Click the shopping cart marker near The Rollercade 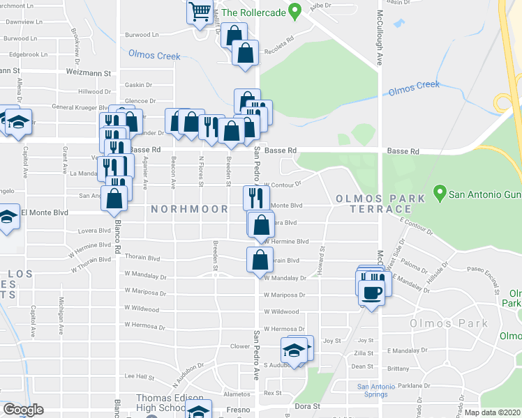(x=200, y=12)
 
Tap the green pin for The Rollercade (x=295, y=11)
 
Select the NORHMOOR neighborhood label (x=187, y=209)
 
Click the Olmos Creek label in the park (x=414, y=87)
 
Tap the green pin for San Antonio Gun (x=440, y=190)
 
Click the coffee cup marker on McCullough (x=372, y=291)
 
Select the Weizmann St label (x=89, y=72)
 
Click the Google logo (x=23, y=410)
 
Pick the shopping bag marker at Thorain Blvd (x=260, y=260)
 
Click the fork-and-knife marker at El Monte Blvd (x=255, y=197)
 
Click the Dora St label (x=307, y=406)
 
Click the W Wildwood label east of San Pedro (x=281, y=312)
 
